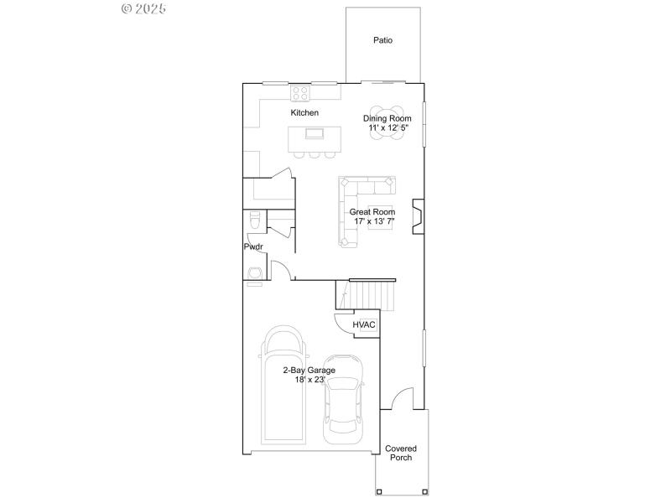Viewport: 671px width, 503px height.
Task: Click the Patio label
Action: point(382,40)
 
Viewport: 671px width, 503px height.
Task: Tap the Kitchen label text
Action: point(304,112)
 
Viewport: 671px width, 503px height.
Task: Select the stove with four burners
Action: point(300,93)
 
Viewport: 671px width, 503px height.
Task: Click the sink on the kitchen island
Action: point(315,133)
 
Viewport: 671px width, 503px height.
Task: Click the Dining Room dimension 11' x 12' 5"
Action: point(388,128)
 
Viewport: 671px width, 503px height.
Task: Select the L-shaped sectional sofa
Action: point(356,201)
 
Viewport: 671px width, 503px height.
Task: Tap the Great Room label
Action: point(372,212)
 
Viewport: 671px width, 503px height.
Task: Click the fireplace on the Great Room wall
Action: point(417,213)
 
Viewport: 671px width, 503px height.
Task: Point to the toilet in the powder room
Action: point(253,220)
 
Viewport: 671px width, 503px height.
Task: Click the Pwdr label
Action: point(253,247)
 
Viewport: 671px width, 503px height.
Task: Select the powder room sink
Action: point(254,272)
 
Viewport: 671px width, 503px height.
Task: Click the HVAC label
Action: point(364,324)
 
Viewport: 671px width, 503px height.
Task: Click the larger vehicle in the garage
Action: point(282,386)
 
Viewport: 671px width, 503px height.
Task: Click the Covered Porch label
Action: point(401,453)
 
